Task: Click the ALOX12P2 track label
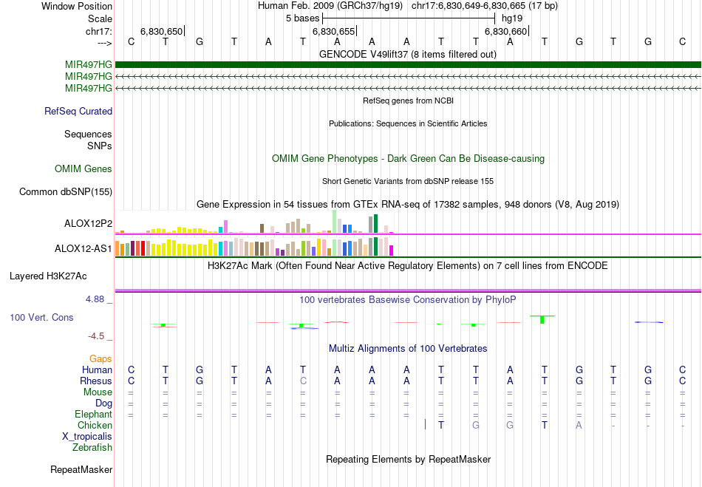pos(88,223)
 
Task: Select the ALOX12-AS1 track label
pos(84,248)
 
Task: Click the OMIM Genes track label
pos(84,169)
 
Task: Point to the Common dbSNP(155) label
pos(66,192)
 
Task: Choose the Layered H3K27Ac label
pos(48,276)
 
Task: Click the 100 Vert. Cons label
pos(41,317)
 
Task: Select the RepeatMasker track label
pos(81,469)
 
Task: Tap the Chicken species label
pos(95,426)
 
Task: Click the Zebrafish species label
pos(92,448)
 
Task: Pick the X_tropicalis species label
pos(87,437)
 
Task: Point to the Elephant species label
pos(93,415)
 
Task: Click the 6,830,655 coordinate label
pos(333,31)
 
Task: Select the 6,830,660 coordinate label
pos(505,31)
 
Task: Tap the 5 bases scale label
pos(302,18)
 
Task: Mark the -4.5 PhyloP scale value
pos(98,336)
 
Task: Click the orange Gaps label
pos(100,358)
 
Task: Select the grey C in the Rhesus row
pos(303,381)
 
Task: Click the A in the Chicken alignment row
pos(579,425)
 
